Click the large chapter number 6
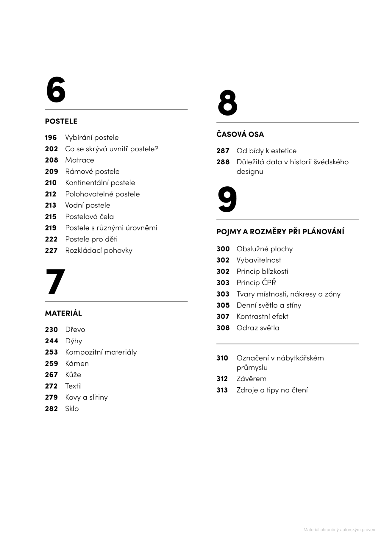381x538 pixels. click(x=56, y=90)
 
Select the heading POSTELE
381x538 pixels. click(x=61, y=121)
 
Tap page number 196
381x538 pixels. click(x=51, y=138)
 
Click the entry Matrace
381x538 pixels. click(x=79, y=160)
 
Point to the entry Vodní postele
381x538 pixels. click(x=88, y=205)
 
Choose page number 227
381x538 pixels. click(x=51, y=250)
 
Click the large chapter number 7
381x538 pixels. click(x=55, y=282)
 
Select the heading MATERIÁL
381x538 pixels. click(x=63, y=313)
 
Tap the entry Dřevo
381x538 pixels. click(x=75, y=330)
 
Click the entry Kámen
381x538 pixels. click(x=77, y=364)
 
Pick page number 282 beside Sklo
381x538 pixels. click(x=51, y=409)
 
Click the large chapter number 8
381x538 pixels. click(x=227, y=103)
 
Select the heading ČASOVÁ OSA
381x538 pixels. click(x=240, y=134)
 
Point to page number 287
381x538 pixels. click(x=223, y=151)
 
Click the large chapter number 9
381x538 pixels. click(x=227, y=199)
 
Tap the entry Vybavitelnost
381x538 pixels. click(x=259, y=260)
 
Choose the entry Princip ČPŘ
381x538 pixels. click(x=256, y=283)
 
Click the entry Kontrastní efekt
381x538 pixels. click(x=262, y=316)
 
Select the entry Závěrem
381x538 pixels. click(x=251, y=379)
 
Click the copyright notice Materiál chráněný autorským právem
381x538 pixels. click(x=340, y=530)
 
